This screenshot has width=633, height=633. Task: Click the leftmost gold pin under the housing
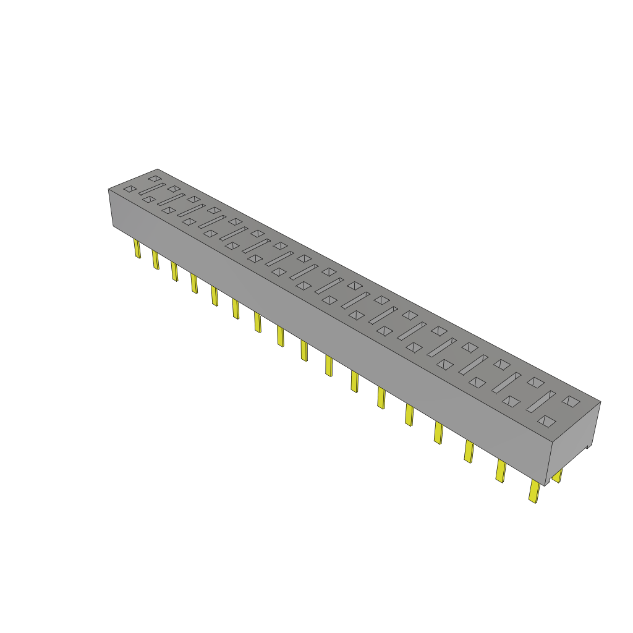tap(137, 249)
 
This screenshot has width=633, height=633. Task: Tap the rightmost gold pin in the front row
tap(533, 492)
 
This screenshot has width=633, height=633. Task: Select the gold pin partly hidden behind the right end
tap(557, 476)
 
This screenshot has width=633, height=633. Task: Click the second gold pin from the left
tap(156, 260)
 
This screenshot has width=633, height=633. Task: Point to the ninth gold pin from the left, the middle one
tap(304, 350)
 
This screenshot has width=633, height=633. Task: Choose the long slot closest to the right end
tap(540, 402)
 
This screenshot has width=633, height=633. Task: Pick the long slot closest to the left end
tap(151, 189)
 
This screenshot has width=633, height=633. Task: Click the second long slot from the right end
tap(506, 383)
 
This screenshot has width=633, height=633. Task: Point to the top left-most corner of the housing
tap(109, 189)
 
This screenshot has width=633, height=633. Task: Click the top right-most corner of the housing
tap(600, 402)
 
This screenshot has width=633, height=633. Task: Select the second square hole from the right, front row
tap(511, 401)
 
